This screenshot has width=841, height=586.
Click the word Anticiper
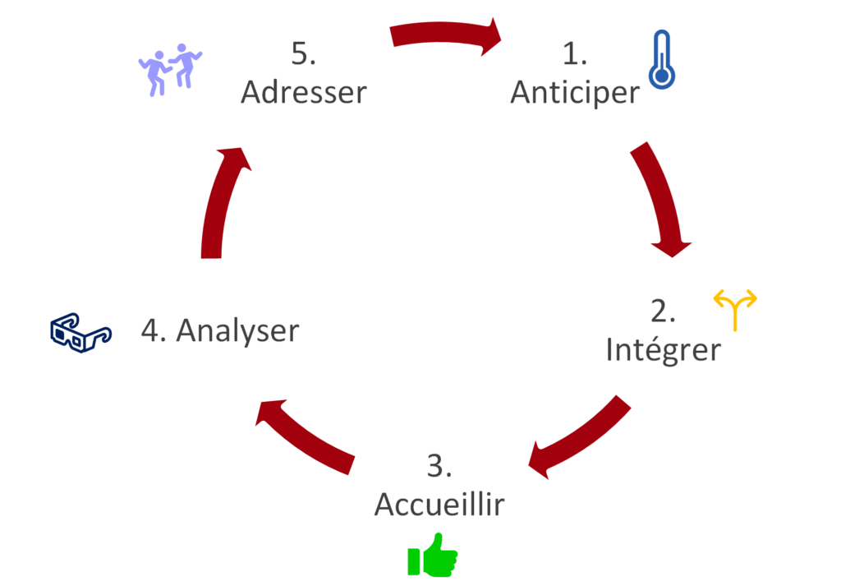tap(574, 93)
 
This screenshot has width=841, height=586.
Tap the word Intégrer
tap(663, 349)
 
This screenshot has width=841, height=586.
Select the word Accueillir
tap(439, 504)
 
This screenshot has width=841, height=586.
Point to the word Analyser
tap(238, 331)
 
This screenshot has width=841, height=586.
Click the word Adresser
tap(303, 91)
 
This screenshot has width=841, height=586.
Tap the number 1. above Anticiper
tap(575, 55)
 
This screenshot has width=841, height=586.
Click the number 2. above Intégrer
tap(663, 312)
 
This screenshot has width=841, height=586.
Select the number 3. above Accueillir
tap(440, 466)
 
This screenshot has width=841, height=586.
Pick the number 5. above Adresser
tap(303, 55)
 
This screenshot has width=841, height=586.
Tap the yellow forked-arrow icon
tap(735, 309)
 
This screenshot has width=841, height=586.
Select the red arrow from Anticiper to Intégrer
tap(662, 201)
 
